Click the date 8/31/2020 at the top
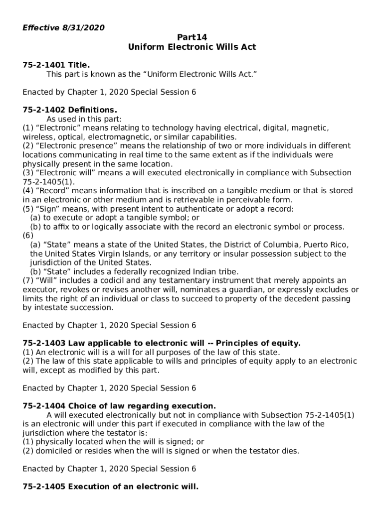(x=83, y=28)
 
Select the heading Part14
(x=192, y=37)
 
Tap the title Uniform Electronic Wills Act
(x=192, y=47)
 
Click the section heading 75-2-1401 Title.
(x=56, y=65)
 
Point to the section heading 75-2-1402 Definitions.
(x=70, y=110)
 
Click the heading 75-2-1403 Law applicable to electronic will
(x=162, y=343)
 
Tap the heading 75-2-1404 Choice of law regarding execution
(x=119, y=406)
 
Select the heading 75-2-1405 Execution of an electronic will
(x=110, y=487)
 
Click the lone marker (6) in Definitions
(x=28, y=236)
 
